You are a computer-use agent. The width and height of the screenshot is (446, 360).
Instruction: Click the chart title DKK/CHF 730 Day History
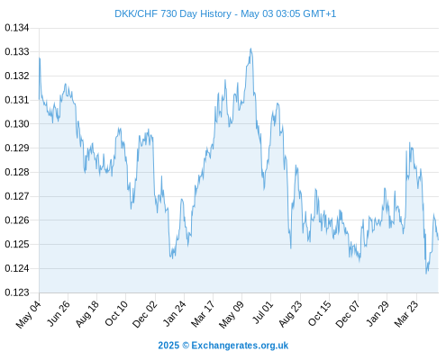coord(173,13)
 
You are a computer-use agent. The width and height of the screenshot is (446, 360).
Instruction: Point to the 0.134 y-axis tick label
coord(17,28)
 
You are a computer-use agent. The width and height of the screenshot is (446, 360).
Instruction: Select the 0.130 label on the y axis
coord(17,123)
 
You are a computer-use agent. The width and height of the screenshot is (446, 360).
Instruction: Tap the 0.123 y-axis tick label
coord(17,292)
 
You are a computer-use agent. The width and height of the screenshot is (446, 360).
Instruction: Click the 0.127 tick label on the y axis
coord(17,196)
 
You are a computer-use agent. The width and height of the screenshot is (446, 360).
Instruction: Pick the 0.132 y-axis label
coord(17,76)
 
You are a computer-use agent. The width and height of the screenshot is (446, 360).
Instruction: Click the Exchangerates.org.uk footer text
coord(240,346)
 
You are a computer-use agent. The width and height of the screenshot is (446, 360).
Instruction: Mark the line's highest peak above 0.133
coord(250,49)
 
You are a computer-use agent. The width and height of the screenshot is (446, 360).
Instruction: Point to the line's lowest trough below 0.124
coord(426,274)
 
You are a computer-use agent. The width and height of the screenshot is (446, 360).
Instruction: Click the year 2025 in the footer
coord(168,346)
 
